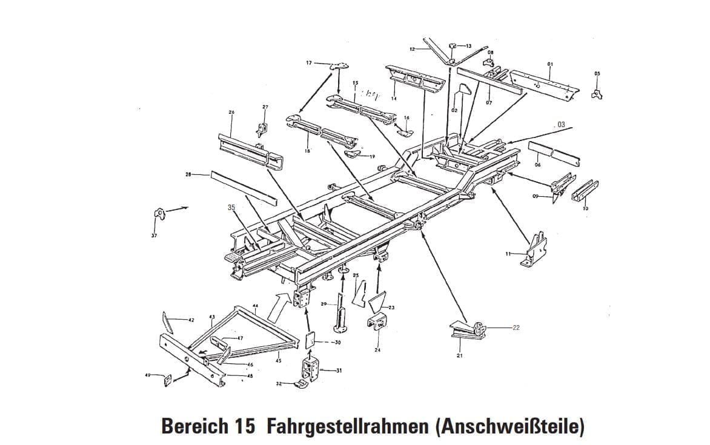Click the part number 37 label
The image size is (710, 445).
pos(154,235)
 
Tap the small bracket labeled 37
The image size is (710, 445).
pos(159,214)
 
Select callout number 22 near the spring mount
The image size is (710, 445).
pos(516,328)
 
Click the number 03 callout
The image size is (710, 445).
pos(560,125)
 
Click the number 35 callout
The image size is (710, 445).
pos(231,208)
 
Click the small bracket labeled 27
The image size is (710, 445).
pos(262,130)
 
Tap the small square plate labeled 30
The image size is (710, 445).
pos(311,341)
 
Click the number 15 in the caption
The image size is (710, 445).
pos(243,426)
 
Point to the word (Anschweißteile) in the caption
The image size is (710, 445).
pos(509,426)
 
